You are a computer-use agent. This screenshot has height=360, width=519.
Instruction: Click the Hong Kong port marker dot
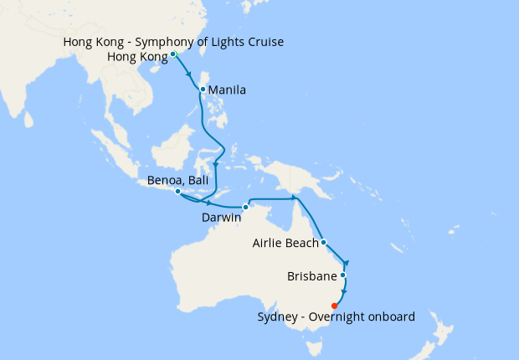(173, 54)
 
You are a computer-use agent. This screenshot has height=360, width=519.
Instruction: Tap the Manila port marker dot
(203, 89)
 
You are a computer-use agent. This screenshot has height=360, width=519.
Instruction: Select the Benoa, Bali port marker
(178, 192)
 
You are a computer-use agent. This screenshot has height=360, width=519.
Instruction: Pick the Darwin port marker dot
(245, 207)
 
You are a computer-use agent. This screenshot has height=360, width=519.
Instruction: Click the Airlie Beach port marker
(323, 244)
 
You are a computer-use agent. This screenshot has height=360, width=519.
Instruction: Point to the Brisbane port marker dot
(342, 275)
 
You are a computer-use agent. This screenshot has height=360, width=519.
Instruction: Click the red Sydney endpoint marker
(335, 306)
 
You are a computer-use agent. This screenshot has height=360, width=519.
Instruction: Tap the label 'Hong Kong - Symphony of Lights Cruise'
(172, 42)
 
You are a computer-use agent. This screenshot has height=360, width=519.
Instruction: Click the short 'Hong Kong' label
(137, 57)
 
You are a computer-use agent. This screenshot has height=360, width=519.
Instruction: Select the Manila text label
(226, 90)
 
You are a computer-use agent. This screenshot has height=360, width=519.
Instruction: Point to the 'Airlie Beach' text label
(285, 244)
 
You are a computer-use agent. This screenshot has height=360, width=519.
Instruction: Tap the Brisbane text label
(311, 275)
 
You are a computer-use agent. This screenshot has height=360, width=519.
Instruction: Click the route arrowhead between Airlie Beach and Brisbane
(346, 263)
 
